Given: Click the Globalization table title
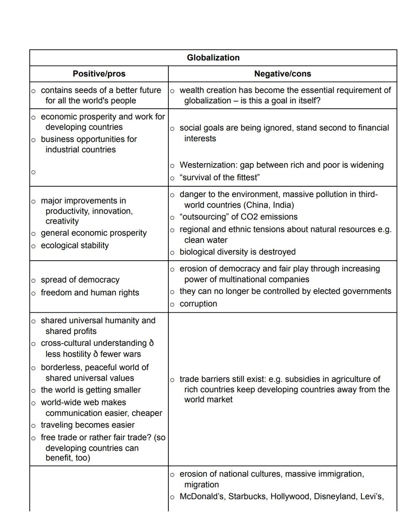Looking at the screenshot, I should [x=213, y=58].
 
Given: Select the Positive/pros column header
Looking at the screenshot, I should [x=99, y=74].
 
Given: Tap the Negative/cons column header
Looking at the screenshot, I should [x=283, y=74].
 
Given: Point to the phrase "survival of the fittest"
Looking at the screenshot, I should [x=220, y=178].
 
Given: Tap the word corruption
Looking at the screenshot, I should [x=198, y=304].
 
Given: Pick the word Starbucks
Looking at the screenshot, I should [x=247, y=497].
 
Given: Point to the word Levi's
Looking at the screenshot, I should [x=371, y=497].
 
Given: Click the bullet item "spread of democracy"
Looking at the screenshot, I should [x=80, y=280].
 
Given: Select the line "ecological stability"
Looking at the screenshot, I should [x=75, y=246].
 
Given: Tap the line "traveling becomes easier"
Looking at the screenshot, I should [x=88, y=425].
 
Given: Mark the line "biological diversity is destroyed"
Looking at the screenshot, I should [x=237, y=252].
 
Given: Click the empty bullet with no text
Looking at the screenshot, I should [x=33, y=172].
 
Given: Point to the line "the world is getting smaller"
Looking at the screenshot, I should [x=91, y=390].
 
